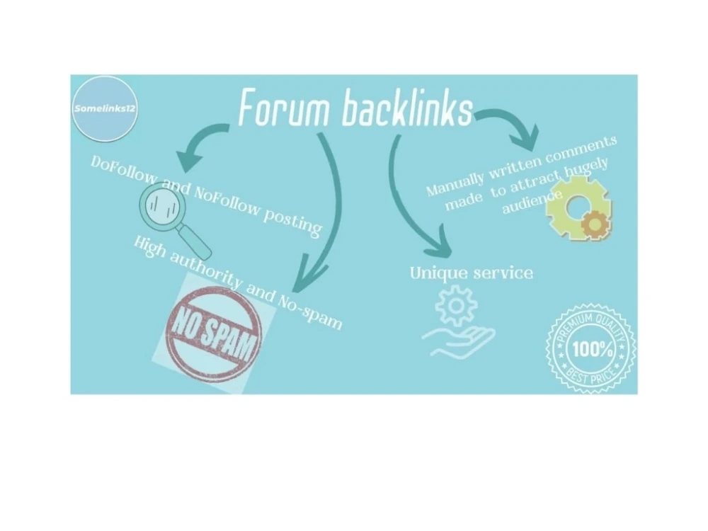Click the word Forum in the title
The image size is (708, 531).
click(284, 108)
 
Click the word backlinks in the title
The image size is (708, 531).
click(407, 107)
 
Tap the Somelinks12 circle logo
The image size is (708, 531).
click(105, 109)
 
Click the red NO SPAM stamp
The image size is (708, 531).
click(214, 332)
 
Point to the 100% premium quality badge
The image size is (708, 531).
click(590, 348)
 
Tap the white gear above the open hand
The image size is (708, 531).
click(456, 306)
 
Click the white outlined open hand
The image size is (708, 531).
click(458, 342)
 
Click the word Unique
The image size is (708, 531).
click(438, 273)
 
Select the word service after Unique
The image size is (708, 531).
click(503, 273)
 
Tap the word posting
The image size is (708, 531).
click(292, 222)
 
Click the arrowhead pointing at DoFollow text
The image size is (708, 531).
click(189, 160)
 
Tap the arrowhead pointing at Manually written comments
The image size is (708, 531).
click(527, 137)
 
